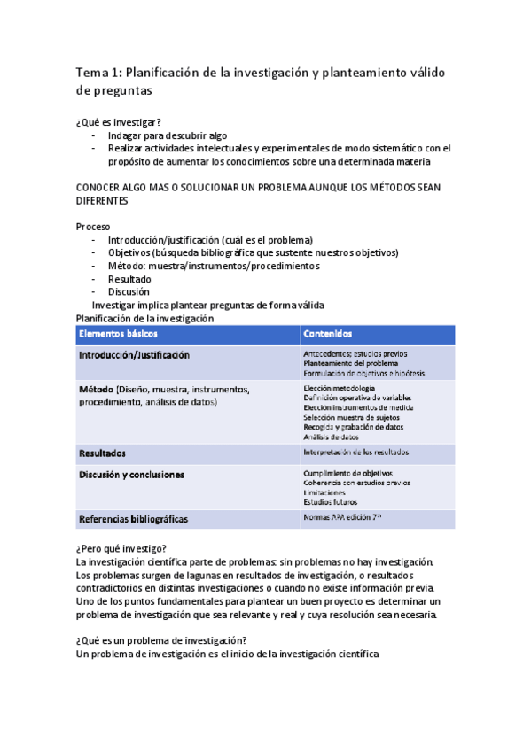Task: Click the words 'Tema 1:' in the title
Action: click(x=101, y=71)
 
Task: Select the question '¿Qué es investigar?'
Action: click(x=119, y=122)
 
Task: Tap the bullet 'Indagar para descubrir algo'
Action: click(x=168, y=135)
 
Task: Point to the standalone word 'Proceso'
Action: click(x=94, y=227)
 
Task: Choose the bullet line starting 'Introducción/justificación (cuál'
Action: click(x=210, y=240)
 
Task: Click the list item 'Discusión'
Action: click(x=129, y=291)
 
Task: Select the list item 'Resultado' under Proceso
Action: click(x=129, y=279)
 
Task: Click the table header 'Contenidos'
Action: click(x=327, y=334)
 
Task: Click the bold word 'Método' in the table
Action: click(x=96, y=390)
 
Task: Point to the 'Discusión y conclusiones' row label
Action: click(x=132, y=475)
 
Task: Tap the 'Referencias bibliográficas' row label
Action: click(x=133, y=519)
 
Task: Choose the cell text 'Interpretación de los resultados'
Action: click(x=355, y=453)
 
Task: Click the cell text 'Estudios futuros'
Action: click(x=330, y=502)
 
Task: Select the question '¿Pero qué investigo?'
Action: click(x=121, y=549)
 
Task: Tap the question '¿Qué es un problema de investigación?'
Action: click(x=161, y=641)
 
